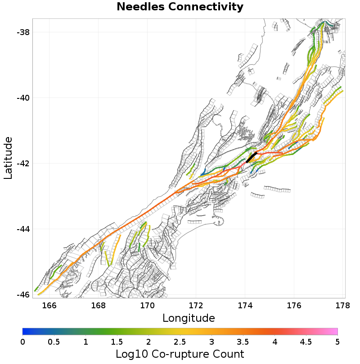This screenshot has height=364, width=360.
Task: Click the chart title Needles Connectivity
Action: point(180,7)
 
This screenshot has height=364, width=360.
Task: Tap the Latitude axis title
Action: point(8,158)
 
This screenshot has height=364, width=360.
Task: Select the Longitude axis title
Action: point(189,318)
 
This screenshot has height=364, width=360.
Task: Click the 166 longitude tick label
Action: point(49,306)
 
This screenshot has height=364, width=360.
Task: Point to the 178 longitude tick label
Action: point(343,306)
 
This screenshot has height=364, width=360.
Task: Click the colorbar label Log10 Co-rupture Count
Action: point(180,353)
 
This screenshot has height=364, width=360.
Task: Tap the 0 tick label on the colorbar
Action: point(23,342)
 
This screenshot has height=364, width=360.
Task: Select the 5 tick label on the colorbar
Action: point(337,342)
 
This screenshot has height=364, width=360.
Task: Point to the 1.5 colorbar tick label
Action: point(117,342)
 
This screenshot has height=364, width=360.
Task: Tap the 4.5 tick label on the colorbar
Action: point(306,342)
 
